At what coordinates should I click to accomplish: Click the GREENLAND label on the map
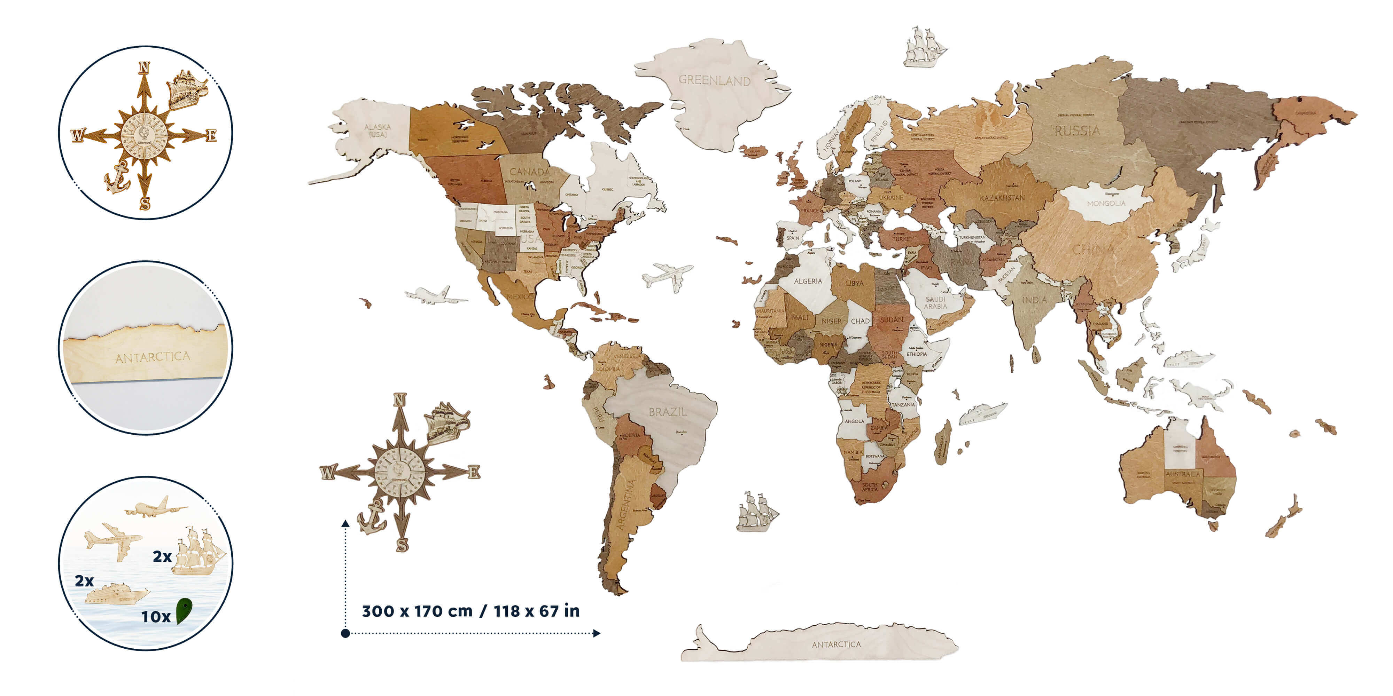714,80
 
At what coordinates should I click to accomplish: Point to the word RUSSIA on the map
1077,131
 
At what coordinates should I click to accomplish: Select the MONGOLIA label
1106,204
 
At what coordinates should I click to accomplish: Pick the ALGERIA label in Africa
808,281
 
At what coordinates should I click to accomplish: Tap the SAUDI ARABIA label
935,303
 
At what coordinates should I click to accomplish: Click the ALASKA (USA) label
378,130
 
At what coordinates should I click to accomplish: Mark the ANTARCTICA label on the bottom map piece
836,644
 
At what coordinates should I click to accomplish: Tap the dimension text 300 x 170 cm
417,611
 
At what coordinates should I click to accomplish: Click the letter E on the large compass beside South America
474,472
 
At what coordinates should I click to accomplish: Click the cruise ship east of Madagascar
982,413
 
